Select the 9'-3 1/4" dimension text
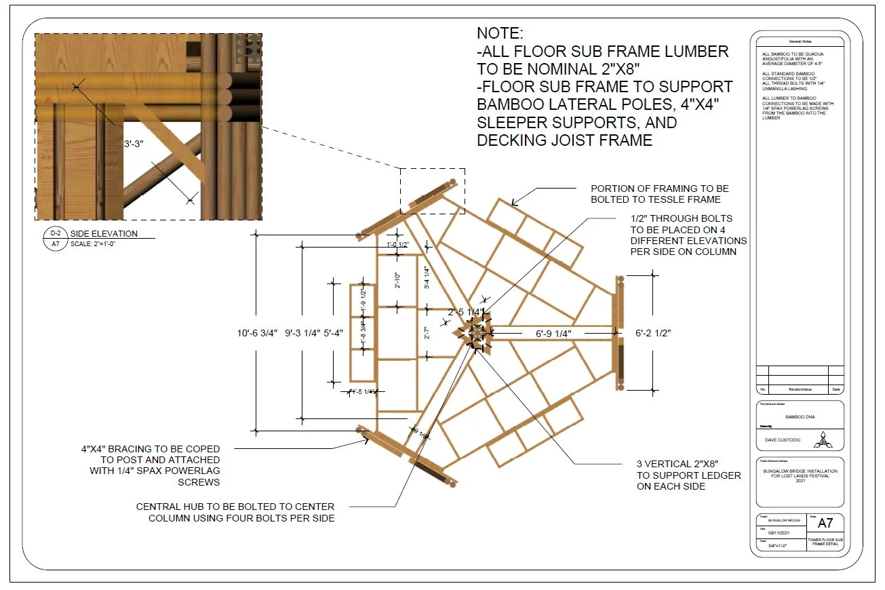(301, 333)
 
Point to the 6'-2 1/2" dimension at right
(652, 334)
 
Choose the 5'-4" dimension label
(333, 333)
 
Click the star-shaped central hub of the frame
(477, 333)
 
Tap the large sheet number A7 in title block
(825, 523)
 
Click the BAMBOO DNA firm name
(800, 417)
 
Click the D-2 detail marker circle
(56, 233)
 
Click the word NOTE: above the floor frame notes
(500, 33)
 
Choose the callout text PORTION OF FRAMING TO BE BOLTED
(659, 194)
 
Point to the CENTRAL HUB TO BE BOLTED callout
(235, 512)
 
